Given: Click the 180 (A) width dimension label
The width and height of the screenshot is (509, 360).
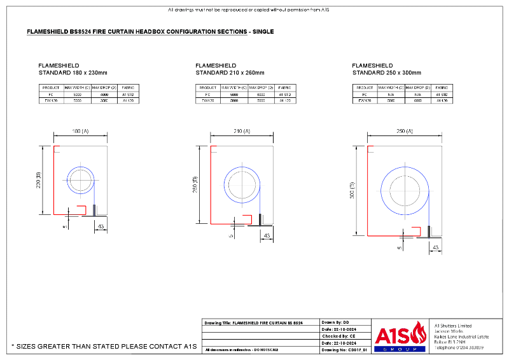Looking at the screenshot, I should [x=80, y=131].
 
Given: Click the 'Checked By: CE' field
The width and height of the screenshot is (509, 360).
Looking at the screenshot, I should [x=338, y=336].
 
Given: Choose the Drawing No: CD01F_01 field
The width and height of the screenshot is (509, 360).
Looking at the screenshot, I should [x=345, y=350].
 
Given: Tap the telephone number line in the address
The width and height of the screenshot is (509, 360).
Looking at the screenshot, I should [x=458, y=348].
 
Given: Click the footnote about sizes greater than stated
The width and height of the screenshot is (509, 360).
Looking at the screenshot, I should [x=104, y=347].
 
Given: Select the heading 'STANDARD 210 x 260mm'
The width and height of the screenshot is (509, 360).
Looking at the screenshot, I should [x=229, y=73].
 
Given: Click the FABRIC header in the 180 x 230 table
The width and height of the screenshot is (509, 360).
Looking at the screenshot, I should [x=128, y=88].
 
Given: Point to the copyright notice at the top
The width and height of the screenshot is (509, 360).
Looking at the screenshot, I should [x=248, y=10].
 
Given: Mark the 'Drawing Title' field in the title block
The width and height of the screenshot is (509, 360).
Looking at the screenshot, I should [x=253, y=323].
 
